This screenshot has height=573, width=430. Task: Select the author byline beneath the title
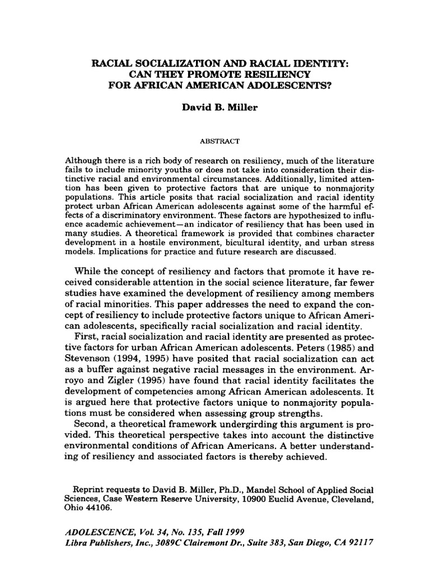[x=215, y=107]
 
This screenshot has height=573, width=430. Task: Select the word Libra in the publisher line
[x=78, y=542]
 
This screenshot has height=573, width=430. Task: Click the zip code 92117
[x=356, y=542]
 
